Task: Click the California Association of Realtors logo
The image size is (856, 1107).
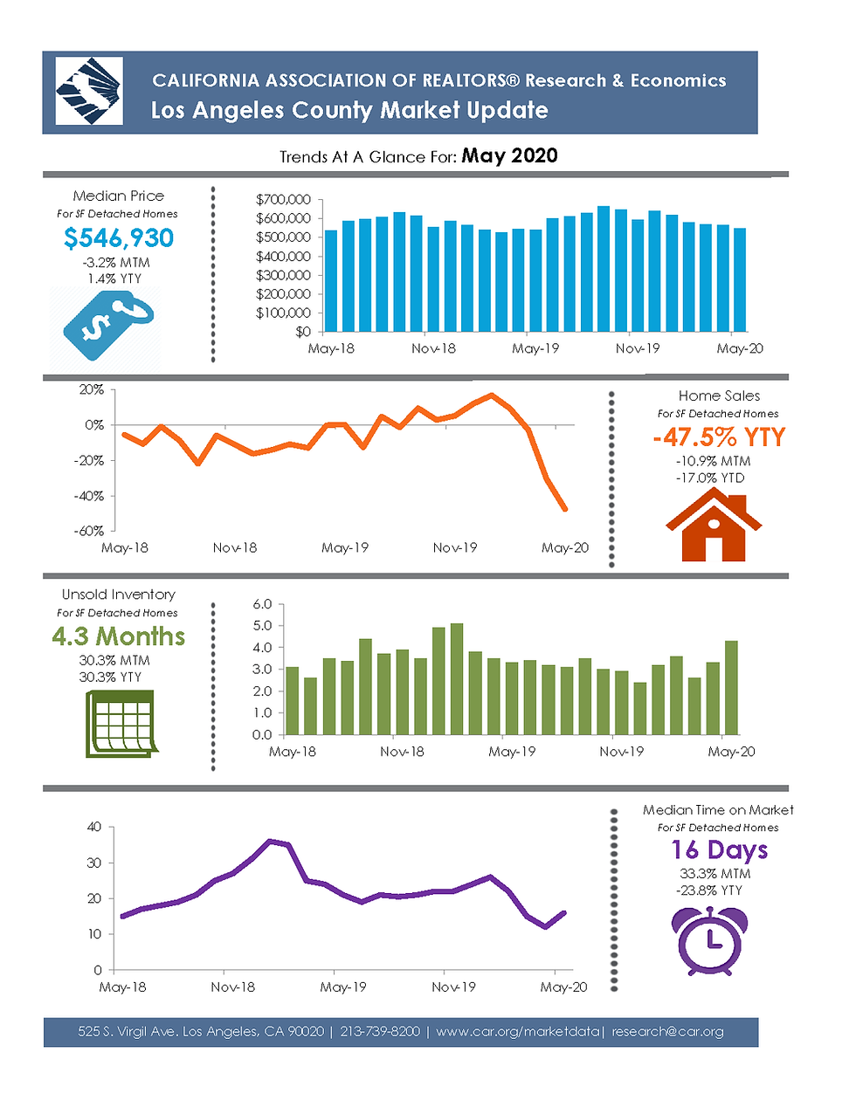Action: pyautogui.click(x=89, y=91)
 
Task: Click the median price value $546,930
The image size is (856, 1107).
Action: pyautogui.click(x=119, y=238)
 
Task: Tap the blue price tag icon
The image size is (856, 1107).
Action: pyautogui.click(x=108, y=325)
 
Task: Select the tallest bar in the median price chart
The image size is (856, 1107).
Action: pyautogui.click(x=604, y=269)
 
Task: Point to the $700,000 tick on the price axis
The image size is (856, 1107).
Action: pyautogui.click(x=283, y=200)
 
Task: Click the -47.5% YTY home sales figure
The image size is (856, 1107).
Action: pyautogui.click(x=719, y=437)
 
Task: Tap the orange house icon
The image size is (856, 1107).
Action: pyautogui.click(x=714, y=525)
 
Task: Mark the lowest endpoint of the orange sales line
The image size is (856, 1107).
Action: pyautogui.click(x=565, y=509)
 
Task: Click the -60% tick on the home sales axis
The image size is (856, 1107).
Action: pyautogui.click(x=90, y=531)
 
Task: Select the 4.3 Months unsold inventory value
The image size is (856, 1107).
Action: pyautogui.click(x=118, y=636)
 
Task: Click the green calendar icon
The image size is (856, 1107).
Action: pyautogui.click(x=121, y=724)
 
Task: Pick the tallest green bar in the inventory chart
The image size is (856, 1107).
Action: pyautogui.click(x=457, y=678)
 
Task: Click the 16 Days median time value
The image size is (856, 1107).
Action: pyautogui.click(x=719, y=850)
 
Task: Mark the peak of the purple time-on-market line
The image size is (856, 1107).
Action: pyautogui.click(x=271, y=841)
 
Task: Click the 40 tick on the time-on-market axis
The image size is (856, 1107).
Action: pyautogui.click(x=94, y=826)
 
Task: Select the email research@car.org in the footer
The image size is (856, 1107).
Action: pyautogui.click(x=667, y=1032)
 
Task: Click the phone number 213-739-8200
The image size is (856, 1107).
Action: pyautogui.click(x=380, y=1031)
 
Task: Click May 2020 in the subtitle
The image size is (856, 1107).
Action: pyautogui.click(x=509, y=155)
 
